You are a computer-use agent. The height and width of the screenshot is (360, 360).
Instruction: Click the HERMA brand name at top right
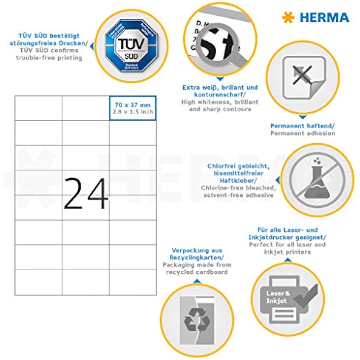click(324, 17)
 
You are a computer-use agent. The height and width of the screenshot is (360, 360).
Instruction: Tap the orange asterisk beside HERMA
click(288, 17)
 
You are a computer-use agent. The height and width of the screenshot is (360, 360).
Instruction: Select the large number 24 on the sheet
click(86, 193)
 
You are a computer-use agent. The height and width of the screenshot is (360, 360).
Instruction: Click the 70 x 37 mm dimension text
click(133, 105)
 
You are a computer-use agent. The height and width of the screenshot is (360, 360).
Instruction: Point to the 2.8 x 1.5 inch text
click(133, 112)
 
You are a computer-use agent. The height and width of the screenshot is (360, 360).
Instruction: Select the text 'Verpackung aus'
click(197, 250)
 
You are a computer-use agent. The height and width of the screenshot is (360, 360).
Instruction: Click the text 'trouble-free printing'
click(49, 58)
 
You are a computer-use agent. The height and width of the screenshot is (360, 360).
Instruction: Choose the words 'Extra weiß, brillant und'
click(220, 87)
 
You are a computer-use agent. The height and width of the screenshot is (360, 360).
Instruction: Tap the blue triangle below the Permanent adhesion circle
click(303, 117)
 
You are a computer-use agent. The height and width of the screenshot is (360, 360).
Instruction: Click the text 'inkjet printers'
click(287, 252)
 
